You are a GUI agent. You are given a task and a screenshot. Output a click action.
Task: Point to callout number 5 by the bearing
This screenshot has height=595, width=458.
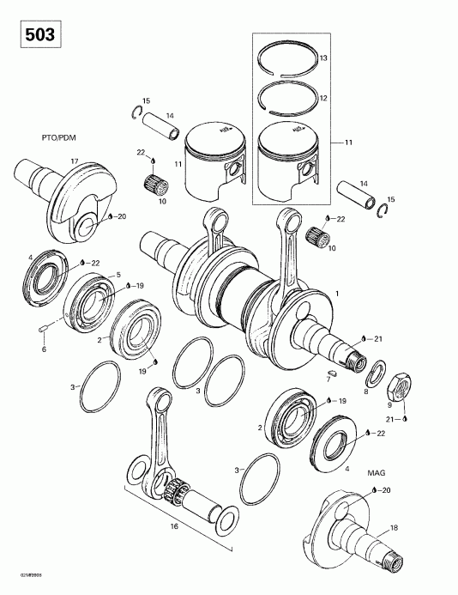[x=118, y=274]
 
